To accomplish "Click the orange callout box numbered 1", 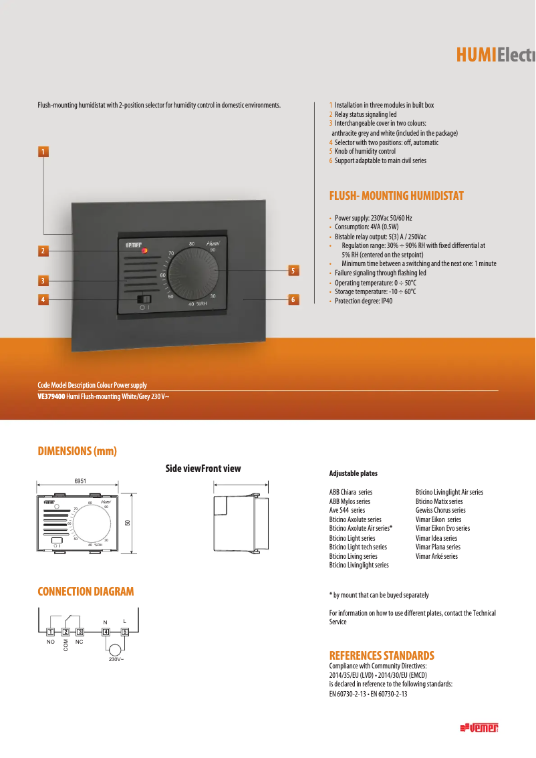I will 43,152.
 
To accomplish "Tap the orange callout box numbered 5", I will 293,271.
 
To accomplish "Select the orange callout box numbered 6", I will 293,299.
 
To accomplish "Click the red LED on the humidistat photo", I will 144,251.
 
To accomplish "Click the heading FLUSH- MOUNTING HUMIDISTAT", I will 396,196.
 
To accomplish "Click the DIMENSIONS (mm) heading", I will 77,451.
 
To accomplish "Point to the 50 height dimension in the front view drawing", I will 128,522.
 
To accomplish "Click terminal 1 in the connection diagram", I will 51,632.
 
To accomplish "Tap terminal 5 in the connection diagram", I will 124,632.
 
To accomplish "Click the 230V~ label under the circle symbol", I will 116,660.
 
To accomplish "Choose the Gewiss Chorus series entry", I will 440,510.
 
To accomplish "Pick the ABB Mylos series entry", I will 350,501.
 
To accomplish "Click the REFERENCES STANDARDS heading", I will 382,655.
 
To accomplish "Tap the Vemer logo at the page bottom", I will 480,728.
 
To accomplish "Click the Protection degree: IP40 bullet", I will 364,301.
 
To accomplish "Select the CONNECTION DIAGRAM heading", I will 86,592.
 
